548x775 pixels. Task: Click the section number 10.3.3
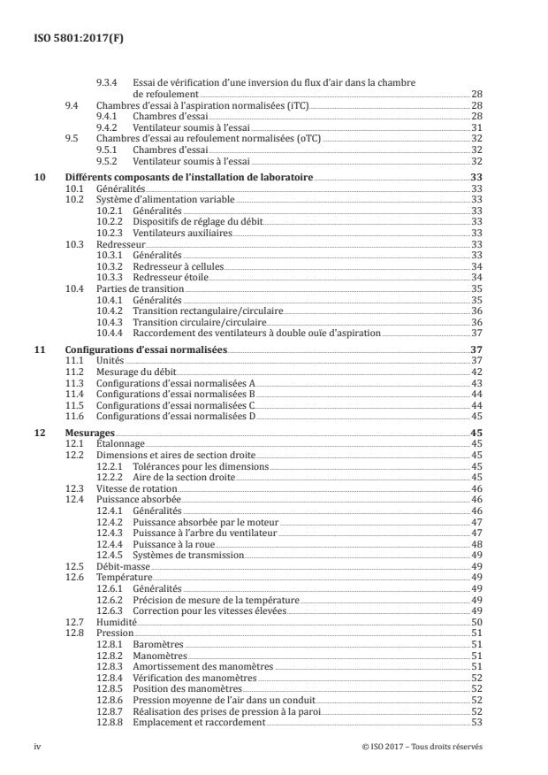[109, 277]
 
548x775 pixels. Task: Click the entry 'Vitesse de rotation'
[137, 488]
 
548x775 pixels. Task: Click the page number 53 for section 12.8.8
[476, 723]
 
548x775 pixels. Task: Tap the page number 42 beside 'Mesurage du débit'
[476, 372]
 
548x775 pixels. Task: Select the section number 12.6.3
[109, 610]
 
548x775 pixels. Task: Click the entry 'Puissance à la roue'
[173, 544]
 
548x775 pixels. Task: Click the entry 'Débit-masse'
[122, 565]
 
